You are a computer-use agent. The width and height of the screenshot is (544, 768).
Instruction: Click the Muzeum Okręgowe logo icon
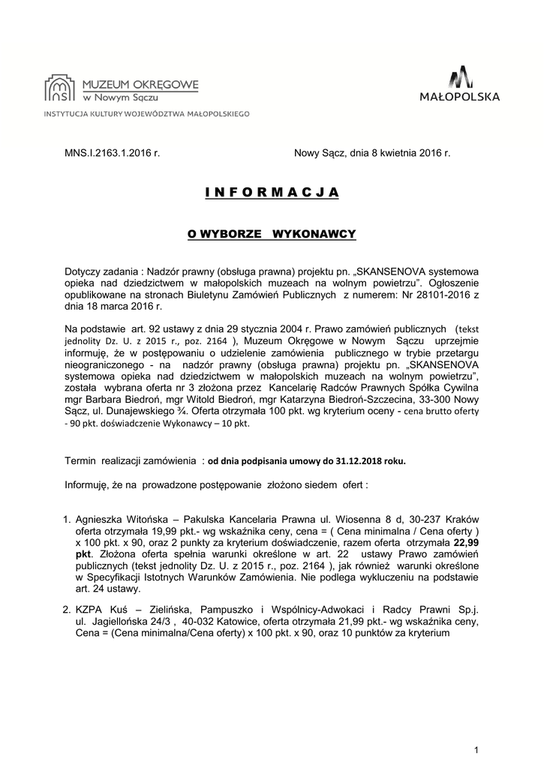click(x=60, y=88)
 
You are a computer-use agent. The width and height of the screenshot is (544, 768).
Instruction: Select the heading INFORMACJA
click(x=272, y=193)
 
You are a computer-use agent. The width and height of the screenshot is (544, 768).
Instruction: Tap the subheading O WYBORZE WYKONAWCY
click(x=271, y=234)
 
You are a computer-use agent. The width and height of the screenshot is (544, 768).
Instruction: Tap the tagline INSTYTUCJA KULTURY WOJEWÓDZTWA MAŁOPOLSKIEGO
click(x=147, y=115)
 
